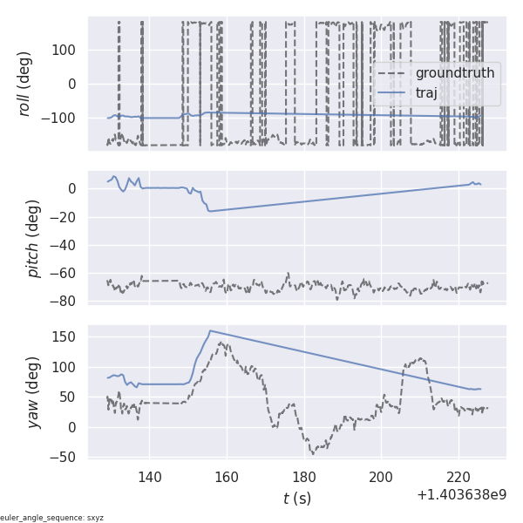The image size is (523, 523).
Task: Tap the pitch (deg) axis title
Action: [33, 238]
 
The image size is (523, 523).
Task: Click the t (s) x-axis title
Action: [297, 499]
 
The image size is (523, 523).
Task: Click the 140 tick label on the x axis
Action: [150, 477]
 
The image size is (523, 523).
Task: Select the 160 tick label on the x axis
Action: [227, 477]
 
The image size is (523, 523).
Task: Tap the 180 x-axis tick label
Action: [304, 477]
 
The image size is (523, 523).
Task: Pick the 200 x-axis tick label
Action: [381, 477]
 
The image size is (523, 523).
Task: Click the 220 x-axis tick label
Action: [458, 477]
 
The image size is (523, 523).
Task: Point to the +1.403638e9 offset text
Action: [461, 495]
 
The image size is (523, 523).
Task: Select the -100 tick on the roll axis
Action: [61, 118]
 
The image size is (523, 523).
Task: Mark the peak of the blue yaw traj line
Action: [210, 331]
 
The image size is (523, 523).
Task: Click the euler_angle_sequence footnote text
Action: [52, 518]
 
